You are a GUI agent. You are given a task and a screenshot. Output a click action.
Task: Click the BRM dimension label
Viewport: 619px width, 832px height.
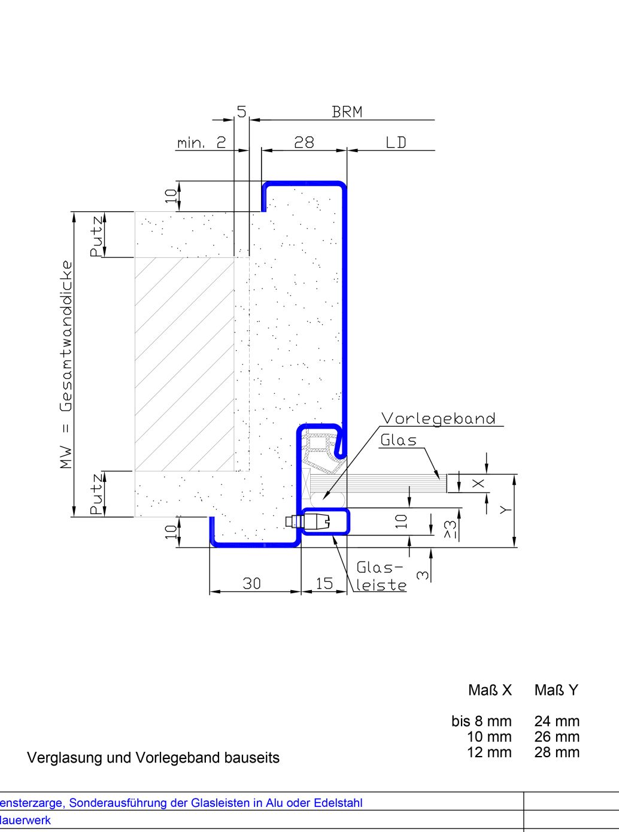[347, 112]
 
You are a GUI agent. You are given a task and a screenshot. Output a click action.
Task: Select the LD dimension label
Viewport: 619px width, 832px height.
[396, 142]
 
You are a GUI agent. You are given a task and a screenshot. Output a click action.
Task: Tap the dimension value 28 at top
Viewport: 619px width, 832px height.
[304, 142]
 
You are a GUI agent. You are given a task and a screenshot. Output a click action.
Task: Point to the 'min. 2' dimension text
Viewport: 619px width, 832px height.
[202, 143]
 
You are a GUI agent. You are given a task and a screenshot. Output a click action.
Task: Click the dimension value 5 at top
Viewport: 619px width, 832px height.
[241, 111]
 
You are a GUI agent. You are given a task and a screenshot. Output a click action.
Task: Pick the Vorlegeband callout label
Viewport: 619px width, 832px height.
[438, 418]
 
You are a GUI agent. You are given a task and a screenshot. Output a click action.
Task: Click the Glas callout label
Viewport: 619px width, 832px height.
[398, 441]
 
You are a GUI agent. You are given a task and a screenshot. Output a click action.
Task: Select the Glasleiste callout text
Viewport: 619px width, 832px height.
[381, 576]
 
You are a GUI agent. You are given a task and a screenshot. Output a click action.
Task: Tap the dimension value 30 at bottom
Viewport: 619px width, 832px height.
[251, 584]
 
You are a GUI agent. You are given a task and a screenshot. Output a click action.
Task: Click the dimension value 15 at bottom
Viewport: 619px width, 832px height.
[324, 584]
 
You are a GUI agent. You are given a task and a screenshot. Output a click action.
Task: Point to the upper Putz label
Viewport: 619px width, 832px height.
[96, 236]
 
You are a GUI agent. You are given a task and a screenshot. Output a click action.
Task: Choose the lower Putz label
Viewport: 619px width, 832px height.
[96, 494]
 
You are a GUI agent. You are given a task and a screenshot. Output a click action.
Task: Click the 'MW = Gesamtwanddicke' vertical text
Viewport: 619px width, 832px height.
[66, 364]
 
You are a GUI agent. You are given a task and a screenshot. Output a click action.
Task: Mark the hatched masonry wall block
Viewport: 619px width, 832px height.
[184, 364]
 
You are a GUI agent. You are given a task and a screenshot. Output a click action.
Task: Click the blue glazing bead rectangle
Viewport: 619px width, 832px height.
[324, 521]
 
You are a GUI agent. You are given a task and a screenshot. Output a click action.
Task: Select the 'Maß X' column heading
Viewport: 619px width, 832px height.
[490, 690]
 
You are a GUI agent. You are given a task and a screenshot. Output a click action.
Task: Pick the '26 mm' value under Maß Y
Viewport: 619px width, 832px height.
[557, 737]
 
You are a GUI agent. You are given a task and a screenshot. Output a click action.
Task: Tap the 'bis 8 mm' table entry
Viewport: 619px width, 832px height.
[481, 721]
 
